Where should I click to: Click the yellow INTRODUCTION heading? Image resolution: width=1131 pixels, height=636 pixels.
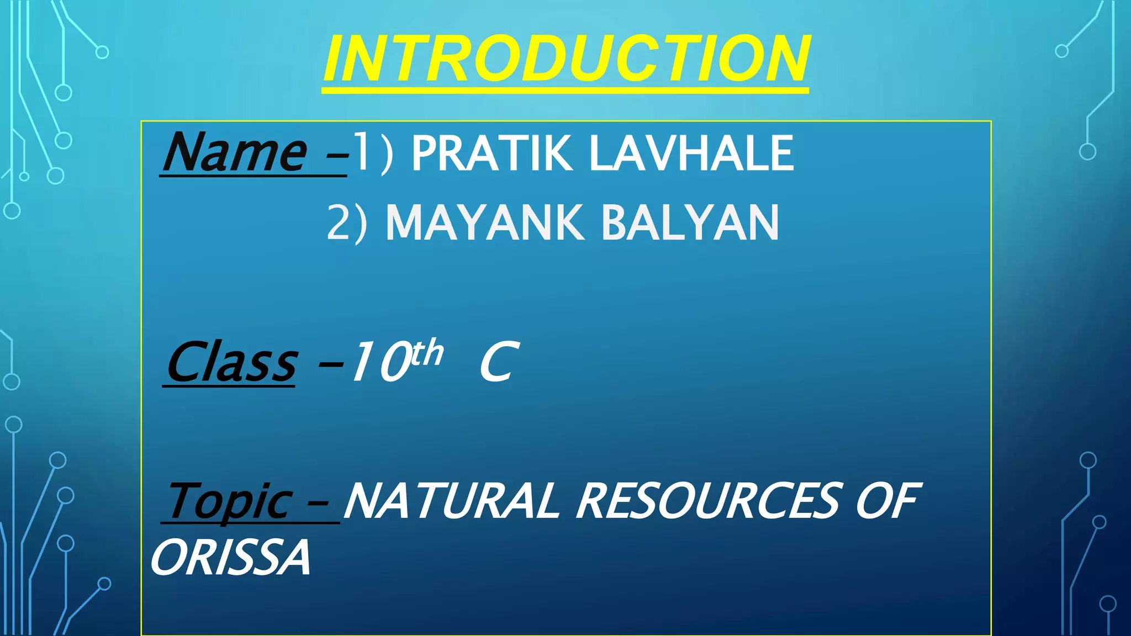point(566,59)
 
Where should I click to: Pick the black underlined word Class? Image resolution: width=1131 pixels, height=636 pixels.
point(232,363)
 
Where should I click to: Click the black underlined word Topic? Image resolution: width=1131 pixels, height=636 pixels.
point(230,501)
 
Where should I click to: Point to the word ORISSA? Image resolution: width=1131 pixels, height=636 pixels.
point(231,558)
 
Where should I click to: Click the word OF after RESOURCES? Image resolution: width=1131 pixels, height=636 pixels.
point(887,501)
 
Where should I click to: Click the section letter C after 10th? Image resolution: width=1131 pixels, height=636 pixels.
point(498,363)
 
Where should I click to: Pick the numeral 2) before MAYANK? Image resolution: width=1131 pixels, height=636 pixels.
point(347,223)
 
